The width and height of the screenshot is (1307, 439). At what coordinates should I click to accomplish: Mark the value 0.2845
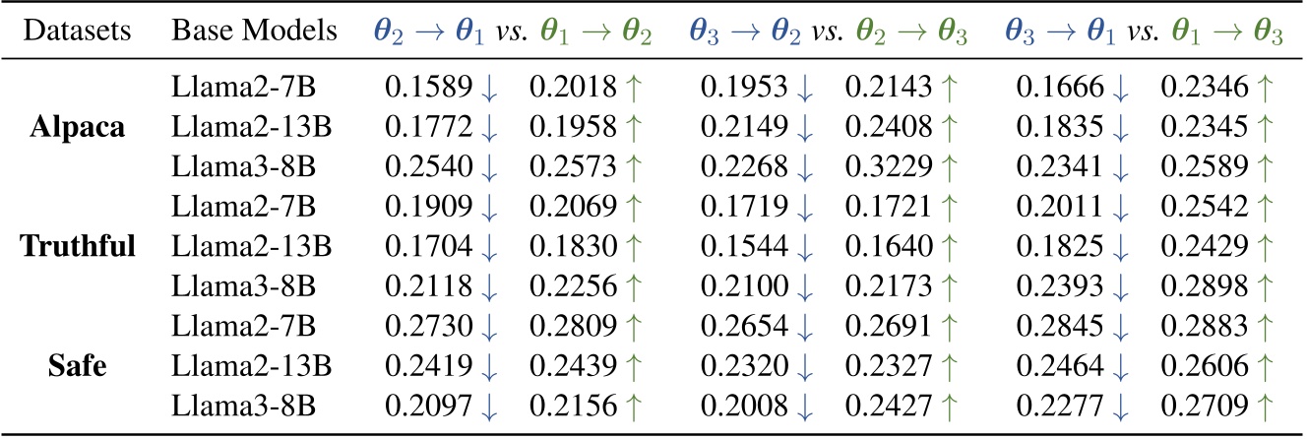(x=1056, y=323)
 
